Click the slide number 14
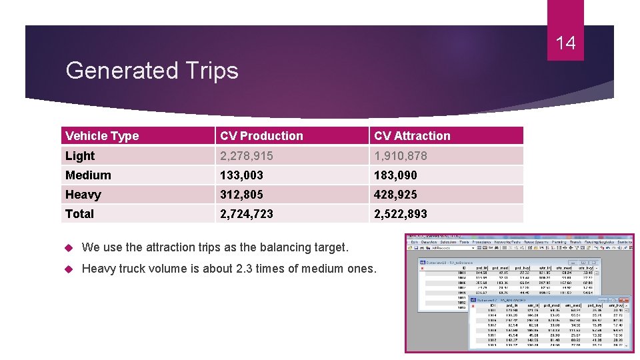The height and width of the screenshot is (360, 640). (x=565, y=43)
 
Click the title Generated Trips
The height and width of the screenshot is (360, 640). (x=152, y=70)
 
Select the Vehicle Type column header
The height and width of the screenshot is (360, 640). (x=102, y=136)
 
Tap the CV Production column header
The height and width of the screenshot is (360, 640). (x=261, y=136)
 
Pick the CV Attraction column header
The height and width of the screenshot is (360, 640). (x=412, y=136)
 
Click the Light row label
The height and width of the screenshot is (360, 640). (x=80, y=156)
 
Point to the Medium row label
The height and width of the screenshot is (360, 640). (x=88, y=175)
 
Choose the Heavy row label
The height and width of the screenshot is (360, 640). (x=83, y=195)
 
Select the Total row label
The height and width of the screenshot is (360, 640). (x=79, y=214)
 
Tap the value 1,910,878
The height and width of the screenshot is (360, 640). (x=401, y=156)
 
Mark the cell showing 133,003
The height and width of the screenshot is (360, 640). (x=241, y=175)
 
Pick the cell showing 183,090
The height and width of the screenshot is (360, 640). (x=395, y=175)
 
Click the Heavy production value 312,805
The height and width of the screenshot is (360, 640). (x=241, y=195)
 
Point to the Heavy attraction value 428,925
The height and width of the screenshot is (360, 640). (x=395, y=195)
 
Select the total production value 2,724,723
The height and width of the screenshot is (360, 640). (x=247, y=214)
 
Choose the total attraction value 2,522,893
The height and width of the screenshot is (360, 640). (x=401, y=214)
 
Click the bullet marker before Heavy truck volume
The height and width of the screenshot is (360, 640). (x=69, y=269)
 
